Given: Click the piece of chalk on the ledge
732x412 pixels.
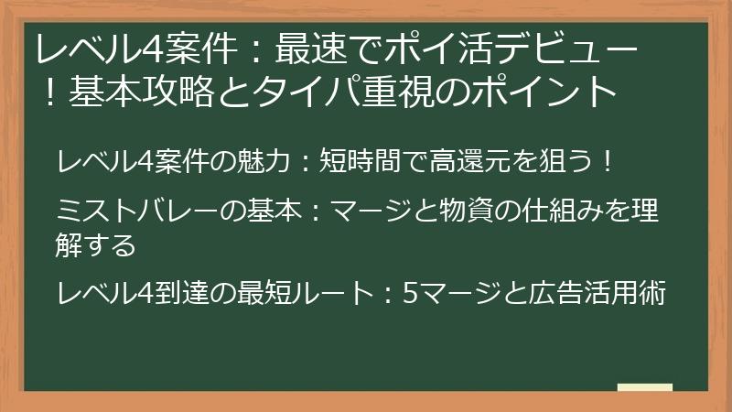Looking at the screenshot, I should tap(645, 388).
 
